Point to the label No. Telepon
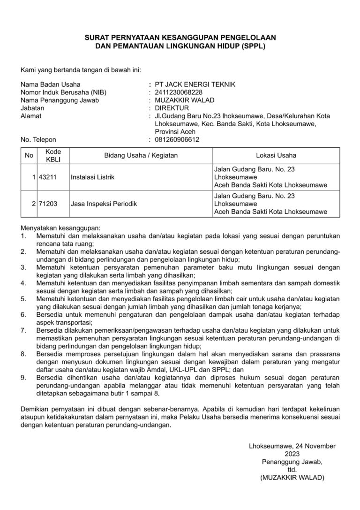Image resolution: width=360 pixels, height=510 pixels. click(38, 139)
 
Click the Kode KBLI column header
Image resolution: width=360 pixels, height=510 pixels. click(53, 155)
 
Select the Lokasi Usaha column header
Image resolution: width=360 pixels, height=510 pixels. click(276, 155)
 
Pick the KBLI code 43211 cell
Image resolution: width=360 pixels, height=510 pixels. click(53, 177)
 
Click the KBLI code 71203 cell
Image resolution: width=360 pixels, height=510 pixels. click(53, 204)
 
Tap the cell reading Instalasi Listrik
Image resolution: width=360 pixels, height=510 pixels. click(92, 177)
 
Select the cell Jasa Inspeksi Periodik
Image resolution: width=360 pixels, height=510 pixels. click(100, 204)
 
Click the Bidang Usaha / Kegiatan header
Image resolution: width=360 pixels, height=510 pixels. click(141, 155)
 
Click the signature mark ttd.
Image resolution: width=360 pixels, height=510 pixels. click(292, 470)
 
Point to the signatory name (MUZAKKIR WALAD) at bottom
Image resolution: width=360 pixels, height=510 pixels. click(292, 478)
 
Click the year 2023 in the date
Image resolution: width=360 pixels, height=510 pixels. click(292, 454)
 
